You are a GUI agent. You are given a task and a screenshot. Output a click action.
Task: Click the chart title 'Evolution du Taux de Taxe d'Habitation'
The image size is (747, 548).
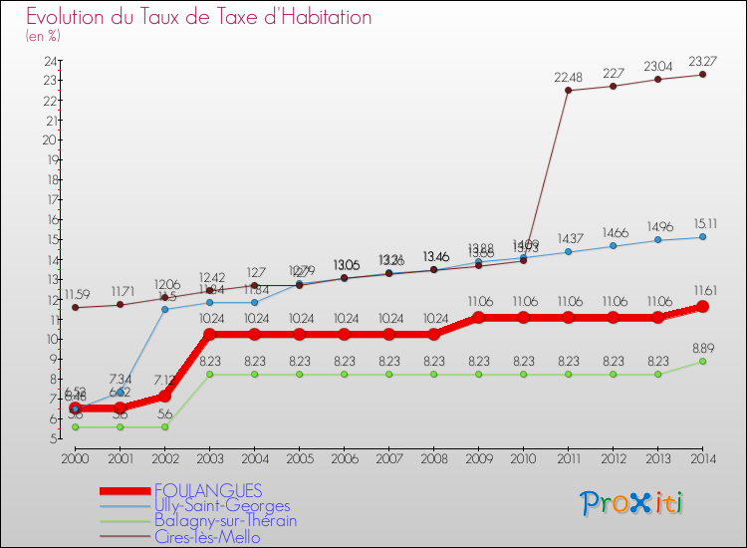click(199, 18)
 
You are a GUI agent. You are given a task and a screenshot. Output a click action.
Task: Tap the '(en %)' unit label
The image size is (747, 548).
click(43, 36)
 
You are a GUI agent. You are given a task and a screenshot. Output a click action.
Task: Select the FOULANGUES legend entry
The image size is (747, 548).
click(208, 490)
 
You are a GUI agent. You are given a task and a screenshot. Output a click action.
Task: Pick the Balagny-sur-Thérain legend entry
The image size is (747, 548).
click(225, 520)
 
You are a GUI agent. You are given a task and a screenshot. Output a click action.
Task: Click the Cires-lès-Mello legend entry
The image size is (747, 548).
click(207, 536)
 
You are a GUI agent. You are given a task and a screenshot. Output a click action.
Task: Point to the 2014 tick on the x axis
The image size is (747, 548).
click(702, 458)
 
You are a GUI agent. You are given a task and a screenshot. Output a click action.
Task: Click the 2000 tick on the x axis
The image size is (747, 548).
click(75, 458)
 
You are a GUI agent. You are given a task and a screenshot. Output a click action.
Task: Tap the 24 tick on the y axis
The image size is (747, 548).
click(49, 61)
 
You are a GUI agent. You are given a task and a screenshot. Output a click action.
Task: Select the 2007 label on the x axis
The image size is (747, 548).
click(388, 458)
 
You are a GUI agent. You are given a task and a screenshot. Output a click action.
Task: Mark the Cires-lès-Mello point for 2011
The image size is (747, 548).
click(568, 91)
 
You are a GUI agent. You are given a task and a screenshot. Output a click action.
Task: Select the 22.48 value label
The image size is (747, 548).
click(568, 76)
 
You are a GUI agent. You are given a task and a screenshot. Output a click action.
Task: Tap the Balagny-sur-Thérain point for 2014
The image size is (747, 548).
click(702, 361)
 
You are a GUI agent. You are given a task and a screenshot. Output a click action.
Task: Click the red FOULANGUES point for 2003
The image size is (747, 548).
click(209, 334)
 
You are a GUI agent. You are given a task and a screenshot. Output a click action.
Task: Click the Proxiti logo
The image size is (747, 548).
click(632, 503)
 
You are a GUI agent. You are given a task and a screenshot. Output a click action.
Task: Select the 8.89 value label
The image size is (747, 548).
click(702, 347)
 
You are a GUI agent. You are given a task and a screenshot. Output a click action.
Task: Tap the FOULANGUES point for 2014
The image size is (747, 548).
click(702, 307)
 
